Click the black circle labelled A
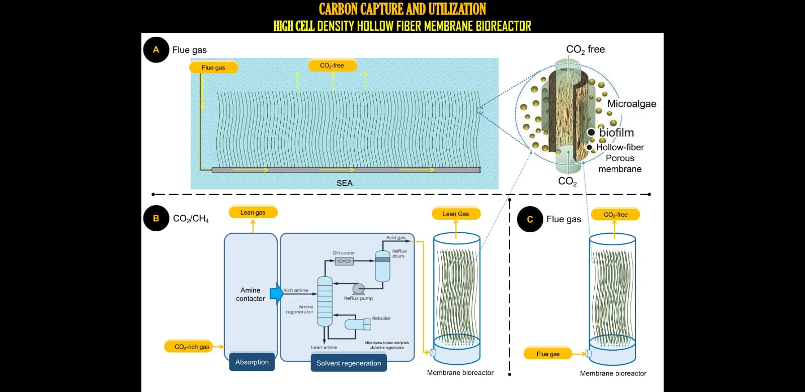click(x=156, y=50)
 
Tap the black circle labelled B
click(x=156, y=218)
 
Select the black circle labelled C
click(x=530, y=219)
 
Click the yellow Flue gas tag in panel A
click(x=213, y=68)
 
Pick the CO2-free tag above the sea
click(x=332, y=66)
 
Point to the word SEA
click(x=345, y=183)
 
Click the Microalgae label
click(x=631, y=104)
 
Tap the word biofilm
click(x=616, y=133)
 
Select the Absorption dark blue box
click(x=252, y=362)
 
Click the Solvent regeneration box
click(x=349, y=363)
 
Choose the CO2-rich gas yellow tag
click(x=192, y=347)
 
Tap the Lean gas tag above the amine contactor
click(x=253, y=212)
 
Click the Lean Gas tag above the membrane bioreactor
click(x=456, y=214)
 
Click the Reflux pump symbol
click(x=358, y=289)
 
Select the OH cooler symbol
click(x=344, y=261)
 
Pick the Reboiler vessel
click(x=358, y=324)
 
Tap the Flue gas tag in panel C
click(x=548, y=354)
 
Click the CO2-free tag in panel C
click(x=615, y=215)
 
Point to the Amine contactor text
click(x=251, y=294)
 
